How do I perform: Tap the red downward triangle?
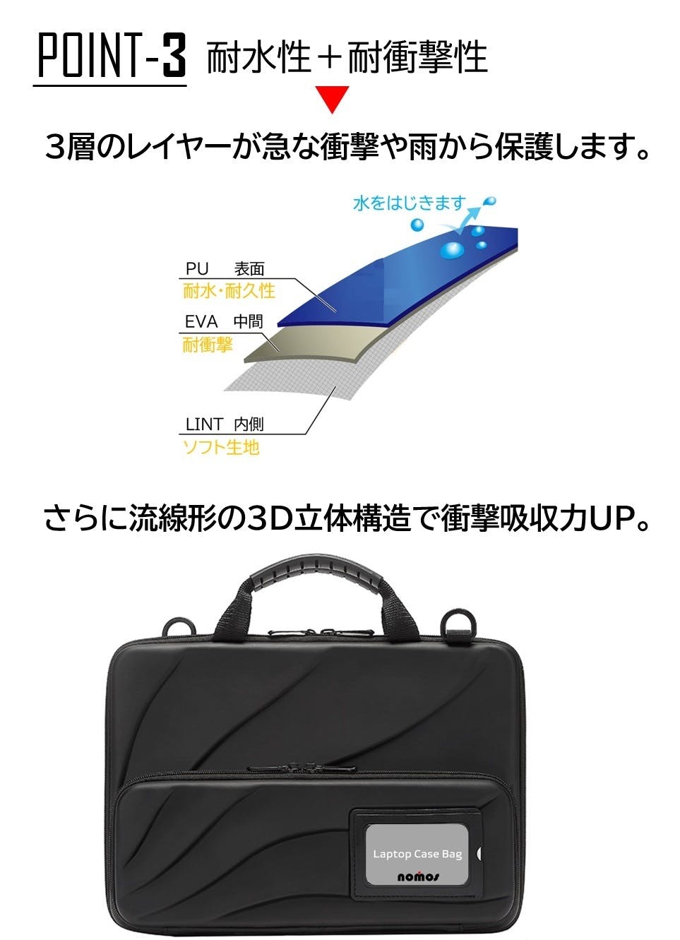pyautogui.click(x=333, y=99)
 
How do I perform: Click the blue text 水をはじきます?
pyautogui.click(x=410, y=203)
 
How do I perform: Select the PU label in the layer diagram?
pyautogui.click(x=197, y=269)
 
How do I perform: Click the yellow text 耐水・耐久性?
pyautogui.click(x=229, y=291)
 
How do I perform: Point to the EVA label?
pyautogui.click(x=201, y=322)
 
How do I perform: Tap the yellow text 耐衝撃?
pyautogui.click(x=207, y=345)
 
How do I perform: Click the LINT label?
pyautogui.click(x=204, y=424)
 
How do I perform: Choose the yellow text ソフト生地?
pyautogui.click(x=221, y=448)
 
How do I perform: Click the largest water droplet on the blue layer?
pyautogui.click(x=452, y=251)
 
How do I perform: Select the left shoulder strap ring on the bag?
pyautogui.click(x=180, y=629)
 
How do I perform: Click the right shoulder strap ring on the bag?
pyautogui.click(x=460, y=629)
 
